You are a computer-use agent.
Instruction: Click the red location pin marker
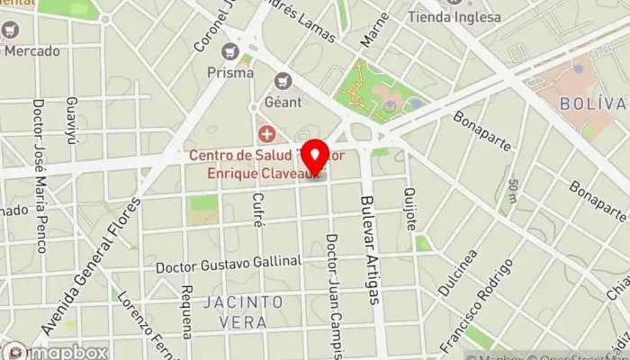[314, 154]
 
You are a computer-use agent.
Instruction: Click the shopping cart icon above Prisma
[231, 50]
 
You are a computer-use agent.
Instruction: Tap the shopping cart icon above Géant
[284, 79]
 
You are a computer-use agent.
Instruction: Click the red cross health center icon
[266, 135]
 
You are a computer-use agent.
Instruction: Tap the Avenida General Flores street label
[94, 266]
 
